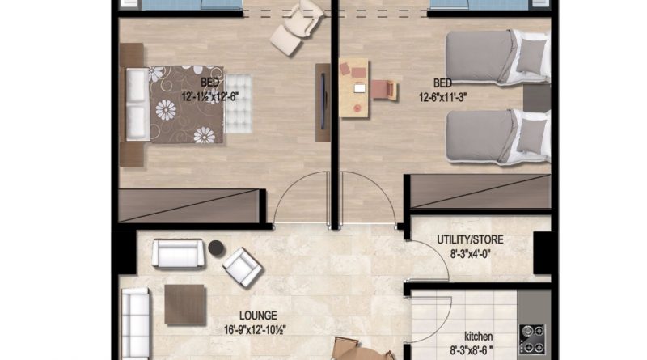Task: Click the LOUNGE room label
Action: coord(258,316)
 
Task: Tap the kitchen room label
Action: coord(478,337)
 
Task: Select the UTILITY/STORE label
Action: coord(470,239)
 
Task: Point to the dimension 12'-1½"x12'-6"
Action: coord(210,96)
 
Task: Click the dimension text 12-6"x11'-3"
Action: coord(442,97)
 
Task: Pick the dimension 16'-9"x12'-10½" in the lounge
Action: coord(255,330)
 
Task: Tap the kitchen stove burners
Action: coord(532,339)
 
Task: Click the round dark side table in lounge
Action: coord(216,248)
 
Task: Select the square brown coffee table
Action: coord(185,304)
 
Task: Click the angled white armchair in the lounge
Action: coord(242,267)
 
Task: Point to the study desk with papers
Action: coord(353,87)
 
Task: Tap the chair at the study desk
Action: coord(385,90)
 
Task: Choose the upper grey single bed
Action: coord(498,57)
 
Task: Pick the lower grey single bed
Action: coord(498,137)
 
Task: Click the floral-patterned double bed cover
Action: coord(187,104)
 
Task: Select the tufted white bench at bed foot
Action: coord(238,104)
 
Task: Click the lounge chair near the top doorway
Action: coord(298,27)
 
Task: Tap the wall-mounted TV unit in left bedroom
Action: coord(323,103)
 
